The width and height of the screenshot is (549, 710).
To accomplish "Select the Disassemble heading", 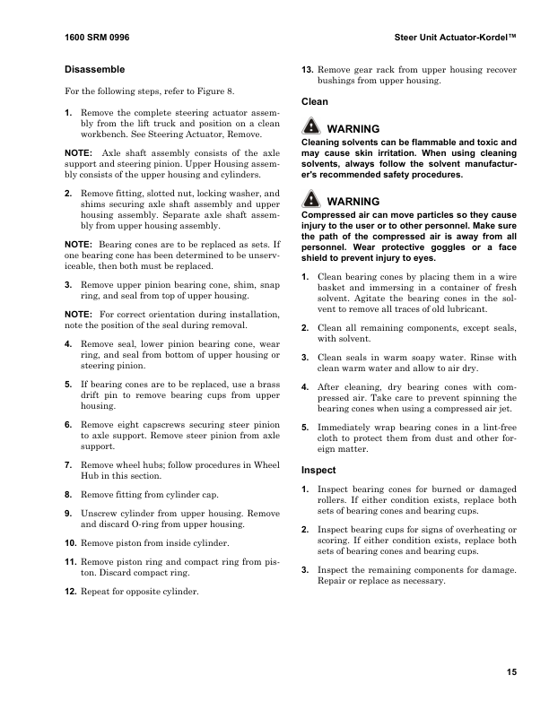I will click(x=94, y=69).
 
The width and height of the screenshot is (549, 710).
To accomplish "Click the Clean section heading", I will click(x=314, y=102).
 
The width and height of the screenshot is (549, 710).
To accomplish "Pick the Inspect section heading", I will click(x=318, y=469).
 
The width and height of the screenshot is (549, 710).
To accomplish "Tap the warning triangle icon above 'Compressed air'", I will click(x=310, y=202).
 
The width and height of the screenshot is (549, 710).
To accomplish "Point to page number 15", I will click(x=510, y=673).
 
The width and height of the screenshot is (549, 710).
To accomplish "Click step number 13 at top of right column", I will click(x=307, y=69).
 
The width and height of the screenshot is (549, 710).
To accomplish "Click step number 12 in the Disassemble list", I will click(x=72, y=592).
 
